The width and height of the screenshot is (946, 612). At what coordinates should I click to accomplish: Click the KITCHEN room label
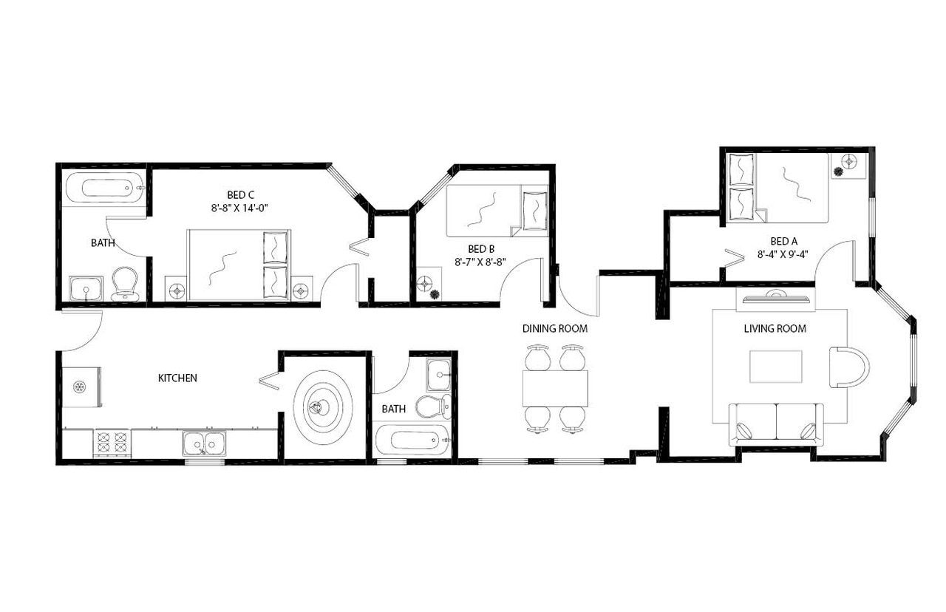point(177,378)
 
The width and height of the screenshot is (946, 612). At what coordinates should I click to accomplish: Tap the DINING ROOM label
point(555,328)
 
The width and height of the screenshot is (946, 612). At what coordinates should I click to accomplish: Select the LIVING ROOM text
point(775,328)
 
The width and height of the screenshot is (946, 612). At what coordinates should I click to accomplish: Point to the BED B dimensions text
point(480,261)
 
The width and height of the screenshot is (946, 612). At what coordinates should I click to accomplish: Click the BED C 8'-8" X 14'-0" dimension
point(238,208)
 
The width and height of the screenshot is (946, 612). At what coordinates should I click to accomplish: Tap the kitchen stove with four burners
point(112,443)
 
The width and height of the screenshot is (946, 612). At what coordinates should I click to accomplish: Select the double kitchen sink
point(205,443)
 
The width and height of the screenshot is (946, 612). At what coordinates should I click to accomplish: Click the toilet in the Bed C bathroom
point(124,283)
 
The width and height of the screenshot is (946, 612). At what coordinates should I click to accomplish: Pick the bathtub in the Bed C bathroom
point(103,188)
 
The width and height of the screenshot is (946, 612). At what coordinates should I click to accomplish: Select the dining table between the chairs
point(555,388)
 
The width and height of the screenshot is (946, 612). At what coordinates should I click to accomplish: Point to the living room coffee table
point(775,367)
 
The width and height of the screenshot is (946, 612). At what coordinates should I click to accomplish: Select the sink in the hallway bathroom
point(438,374)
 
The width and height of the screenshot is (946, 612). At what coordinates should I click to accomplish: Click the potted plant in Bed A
point(837,171)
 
